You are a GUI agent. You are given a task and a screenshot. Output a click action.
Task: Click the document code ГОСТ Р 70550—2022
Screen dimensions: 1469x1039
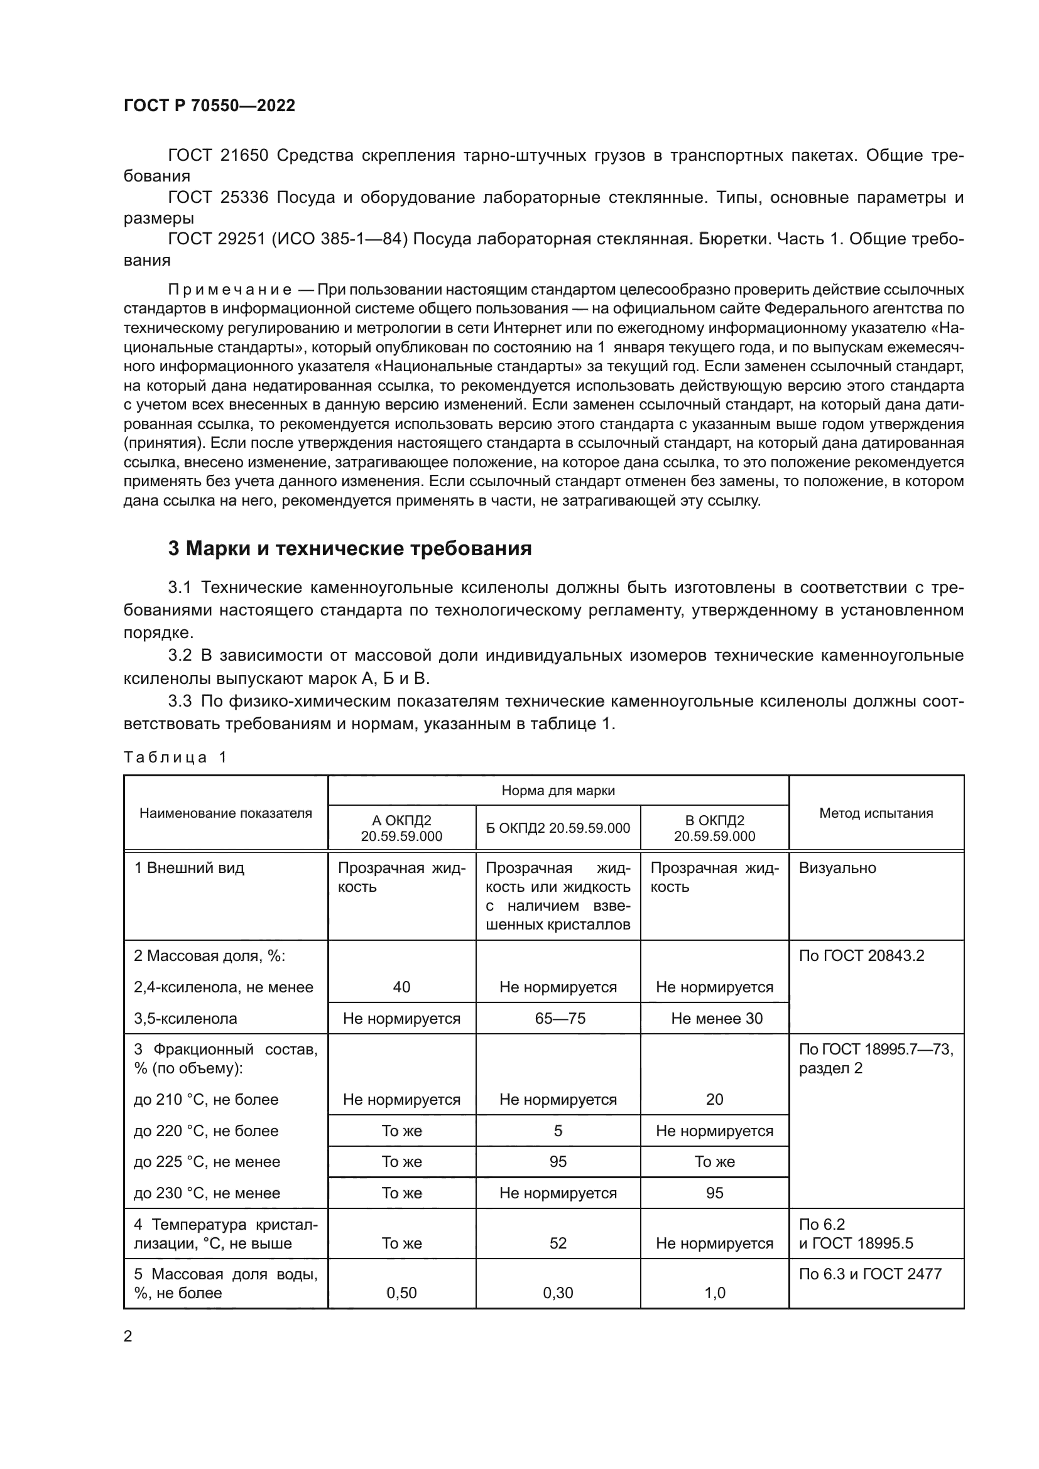click(209, 106)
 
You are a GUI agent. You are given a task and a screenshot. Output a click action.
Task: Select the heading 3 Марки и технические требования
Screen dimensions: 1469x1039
click(349, 548)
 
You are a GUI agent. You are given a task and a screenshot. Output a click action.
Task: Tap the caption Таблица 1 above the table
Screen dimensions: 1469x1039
click(175, 757)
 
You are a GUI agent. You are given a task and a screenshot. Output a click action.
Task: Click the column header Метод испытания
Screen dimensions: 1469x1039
click(876, 813)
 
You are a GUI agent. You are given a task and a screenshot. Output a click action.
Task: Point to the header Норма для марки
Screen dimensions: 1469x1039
click(558, 790)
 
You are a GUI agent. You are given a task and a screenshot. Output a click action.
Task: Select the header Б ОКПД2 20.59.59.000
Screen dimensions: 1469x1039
click(558, 828)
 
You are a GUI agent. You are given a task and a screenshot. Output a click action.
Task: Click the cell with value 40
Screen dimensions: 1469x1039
click(401, 987)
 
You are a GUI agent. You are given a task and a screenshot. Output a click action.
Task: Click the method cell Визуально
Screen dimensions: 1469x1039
click(837, 868)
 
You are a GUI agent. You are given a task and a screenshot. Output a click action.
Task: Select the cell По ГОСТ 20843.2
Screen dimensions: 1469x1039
click(861, 955)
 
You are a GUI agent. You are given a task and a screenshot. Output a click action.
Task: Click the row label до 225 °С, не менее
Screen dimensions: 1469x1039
click(207, 1161)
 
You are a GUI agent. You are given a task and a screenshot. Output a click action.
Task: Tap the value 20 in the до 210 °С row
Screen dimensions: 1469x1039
click(715, 1099)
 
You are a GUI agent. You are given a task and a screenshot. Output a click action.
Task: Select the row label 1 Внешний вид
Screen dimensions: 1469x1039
click(188, 868)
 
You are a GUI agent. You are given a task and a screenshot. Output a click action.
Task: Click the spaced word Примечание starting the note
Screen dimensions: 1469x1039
click(230, 290)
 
